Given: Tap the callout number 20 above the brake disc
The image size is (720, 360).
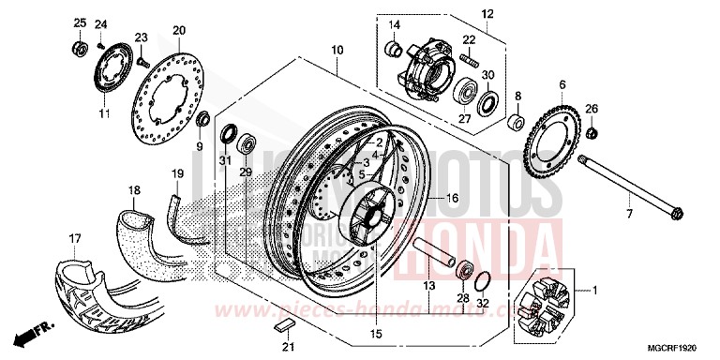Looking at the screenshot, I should pyautogui.click(x=178, y=30).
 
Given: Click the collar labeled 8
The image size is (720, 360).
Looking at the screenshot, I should pyautogui.click(x=515, y=123).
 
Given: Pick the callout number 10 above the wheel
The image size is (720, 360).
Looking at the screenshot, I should pyautogui.click(x=337, y=48).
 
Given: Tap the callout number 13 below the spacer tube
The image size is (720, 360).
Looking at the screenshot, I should pyautogui.click(x=427, y=284).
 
